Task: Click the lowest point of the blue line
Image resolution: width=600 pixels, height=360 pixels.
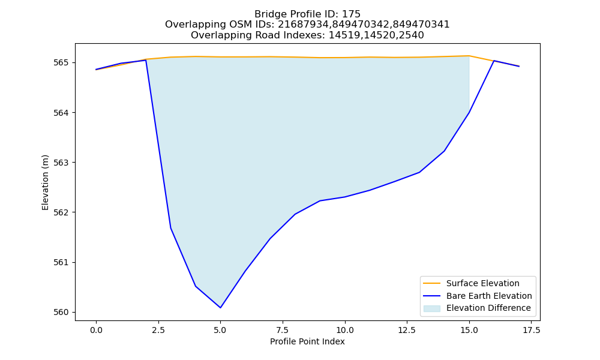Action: (x=220, y=308)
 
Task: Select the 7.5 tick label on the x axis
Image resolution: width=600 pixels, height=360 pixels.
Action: (x=283, y=330)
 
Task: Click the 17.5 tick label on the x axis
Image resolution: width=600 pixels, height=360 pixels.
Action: (x=531, y=330)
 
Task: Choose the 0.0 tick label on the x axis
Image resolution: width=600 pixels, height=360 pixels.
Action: (x=96, y=330)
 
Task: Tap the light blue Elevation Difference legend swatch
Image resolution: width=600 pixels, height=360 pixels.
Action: (x=431, y=308)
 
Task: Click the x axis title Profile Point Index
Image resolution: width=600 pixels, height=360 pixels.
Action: (x=307, y=341)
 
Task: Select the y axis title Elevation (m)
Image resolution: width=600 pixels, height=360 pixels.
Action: (x=45, y=182)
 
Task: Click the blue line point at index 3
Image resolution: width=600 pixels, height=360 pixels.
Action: (x=170, y=228)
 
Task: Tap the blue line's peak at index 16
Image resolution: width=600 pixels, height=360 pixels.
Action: (x=494, y=61)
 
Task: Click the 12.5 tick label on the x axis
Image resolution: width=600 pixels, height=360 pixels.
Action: (x=407, y=330)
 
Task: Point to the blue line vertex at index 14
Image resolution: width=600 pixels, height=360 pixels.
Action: (x=444, y=151)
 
